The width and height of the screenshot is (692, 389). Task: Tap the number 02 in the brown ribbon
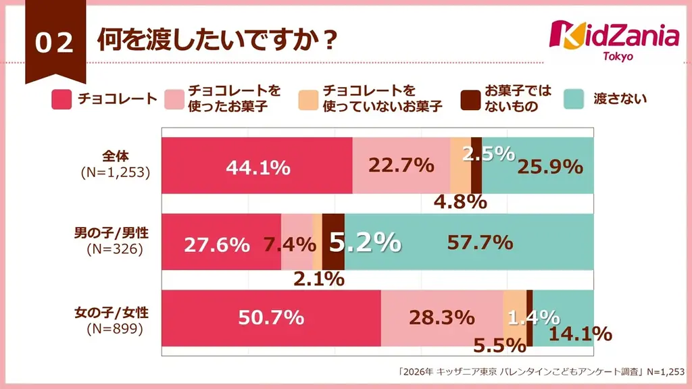pos(54,43)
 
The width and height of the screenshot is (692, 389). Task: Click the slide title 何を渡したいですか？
pos(216,40)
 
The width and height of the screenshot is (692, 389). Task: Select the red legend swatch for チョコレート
pos(61,99)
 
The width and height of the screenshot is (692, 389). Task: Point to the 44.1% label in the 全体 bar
pos(259,167)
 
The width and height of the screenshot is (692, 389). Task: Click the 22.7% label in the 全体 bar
pos(401,164)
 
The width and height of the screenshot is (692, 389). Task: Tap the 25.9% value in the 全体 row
pos(549,166)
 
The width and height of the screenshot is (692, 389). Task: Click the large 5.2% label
pos(364,241)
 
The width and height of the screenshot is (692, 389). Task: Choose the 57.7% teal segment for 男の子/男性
pos(477,242)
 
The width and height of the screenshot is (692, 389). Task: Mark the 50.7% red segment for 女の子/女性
pos(271,318)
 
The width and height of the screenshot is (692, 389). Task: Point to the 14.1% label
pos(580,334)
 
